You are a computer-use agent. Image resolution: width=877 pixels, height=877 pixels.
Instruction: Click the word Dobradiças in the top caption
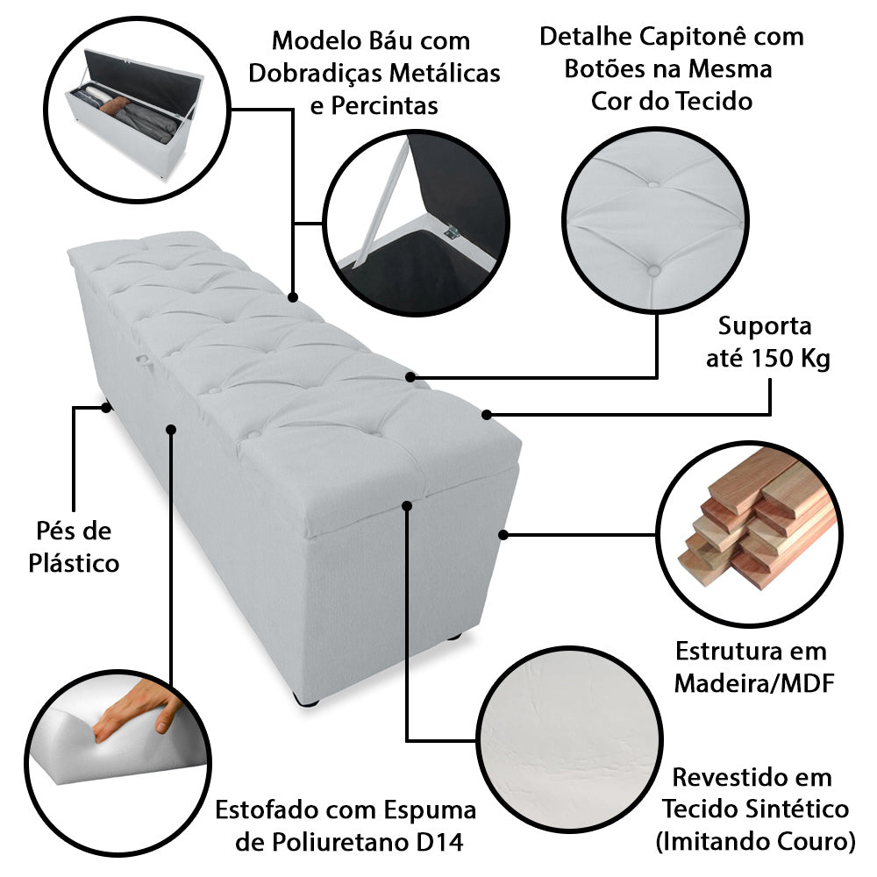[310, 73]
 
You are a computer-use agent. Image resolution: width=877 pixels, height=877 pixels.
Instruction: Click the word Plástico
[75, 562]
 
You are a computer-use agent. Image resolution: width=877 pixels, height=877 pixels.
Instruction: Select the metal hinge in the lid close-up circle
[453, 232]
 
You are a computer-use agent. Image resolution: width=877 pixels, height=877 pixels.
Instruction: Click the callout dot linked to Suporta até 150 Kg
[487, 413]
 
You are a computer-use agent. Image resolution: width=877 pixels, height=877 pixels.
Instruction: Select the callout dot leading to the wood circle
[503, 533]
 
